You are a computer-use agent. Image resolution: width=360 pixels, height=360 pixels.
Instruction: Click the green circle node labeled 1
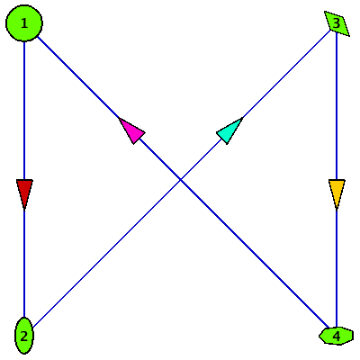click(24, 23)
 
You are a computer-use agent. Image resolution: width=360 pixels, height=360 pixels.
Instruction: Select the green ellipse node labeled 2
click(24, 336)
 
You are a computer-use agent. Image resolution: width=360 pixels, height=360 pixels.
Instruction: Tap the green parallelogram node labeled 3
click(337, 23)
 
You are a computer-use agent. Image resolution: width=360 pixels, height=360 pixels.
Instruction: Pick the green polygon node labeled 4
click(337, 336)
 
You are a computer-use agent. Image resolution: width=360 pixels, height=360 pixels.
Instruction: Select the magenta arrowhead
click(131, 130)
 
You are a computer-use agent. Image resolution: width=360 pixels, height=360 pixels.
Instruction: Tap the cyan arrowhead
click(230, 130)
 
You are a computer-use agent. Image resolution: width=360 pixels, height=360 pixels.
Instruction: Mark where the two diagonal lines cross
click(180, 180)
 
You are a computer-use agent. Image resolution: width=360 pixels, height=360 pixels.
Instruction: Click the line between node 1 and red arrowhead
click(24, 111)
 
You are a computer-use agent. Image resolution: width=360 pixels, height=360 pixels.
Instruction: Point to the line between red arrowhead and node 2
click(24, 263)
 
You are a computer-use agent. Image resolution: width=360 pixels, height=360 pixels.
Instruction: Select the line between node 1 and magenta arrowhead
click(78, 77)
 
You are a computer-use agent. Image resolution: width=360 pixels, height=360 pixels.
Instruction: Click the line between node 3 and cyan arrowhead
click(285, 75)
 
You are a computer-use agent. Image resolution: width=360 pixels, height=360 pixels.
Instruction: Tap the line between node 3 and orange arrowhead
click(337, 106)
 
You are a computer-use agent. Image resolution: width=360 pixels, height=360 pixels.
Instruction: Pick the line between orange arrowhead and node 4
click(337, 268)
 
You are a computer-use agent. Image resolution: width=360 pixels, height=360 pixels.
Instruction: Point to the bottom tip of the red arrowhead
click(24, 209)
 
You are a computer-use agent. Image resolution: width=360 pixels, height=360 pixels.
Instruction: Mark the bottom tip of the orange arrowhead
click(337, 209)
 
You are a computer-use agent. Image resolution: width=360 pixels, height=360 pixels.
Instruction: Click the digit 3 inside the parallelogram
click(337, 23)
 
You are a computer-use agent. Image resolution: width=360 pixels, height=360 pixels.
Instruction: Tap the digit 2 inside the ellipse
click(24, 337)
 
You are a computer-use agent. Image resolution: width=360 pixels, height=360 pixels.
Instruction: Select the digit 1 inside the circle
click(24, 23)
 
